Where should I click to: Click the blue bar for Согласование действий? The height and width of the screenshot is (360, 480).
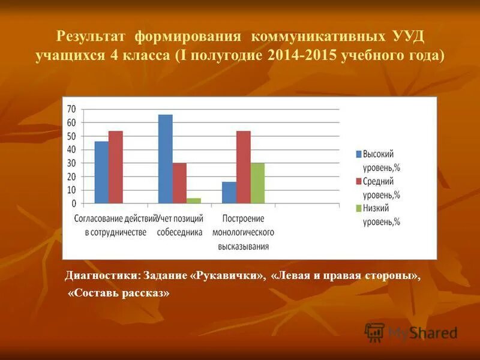pos(101,173)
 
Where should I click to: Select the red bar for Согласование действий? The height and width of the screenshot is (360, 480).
pos(115,167)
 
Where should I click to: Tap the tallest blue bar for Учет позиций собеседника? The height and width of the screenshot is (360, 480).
pos(165,159)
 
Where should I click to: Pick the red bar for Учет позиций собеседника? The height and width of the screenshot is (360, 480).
pos(179,184)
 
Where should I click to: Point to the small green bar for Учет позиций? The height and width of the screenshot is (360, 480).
pos(193,201)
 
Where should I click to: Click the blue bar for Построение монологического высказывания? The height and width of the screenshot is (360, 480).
pos(229,193)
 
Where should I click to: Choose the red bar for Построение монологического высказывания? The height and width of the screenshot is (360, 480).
pos(243,167)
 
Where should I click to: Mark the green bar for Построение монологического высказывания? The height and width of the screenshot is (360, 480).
pos(257,184)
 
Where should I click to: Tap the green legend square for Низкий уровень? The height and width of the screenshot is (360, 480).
pos(358,208)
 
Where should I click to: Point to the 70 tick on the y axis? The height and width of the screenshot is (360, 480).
pos(71,109)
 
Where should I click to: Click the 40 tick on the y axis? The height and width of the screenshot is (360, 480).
pos(71,150)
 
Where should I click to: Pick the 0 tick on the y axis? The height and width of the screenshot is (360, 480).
pos(74,204)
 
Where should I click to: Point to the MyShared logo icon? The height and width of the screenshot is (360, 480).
pos(374,332)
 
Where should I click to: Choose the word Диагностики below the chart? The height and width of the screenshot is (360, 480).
pos(100,276)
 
